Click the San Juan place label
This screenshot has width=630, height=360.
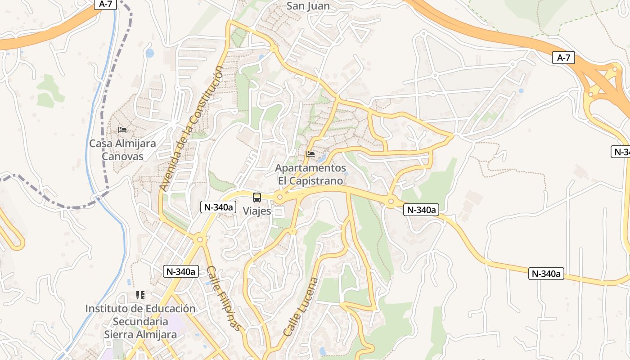[308, 6]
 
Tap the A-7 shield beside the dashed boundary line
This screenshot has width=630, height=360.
[106, 4]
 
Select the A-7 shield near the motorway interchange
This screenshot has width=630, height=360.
[563, 58]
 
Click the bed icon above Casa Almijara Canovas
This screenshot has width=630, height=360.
[122, 130]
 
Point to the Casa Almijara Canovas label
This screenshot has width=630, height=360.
[122, 150]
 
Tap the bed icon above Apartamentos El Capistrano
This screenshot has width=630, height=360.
[310, 154]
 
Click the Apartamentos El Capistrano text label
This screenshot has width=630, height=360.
[310, 174]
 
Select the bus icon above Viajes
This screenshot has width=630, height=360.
[257, 197]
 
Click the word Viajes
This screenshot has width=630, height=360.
[257, 211]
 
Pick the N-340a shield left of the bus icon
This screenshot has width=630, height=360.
[218, 207]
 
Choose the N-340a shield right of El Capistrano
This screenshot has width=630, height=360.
[421, 210]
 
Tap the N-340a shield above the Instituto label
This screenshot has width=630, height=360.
[180, 271]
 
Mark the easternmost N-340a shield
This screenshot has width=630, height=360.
[546, 274]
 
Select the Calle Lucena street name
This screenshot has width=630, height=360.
[301, 307]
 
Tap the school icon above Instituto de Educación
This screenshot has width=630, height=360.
[140, 295]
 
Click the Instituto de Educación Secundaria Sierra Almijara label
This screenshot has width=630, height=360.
[140, 321]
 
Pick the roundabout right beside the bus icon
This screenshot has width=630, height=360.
[280, 197]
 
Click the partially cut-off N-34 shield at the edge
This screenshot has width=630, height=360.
[621, 152]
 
